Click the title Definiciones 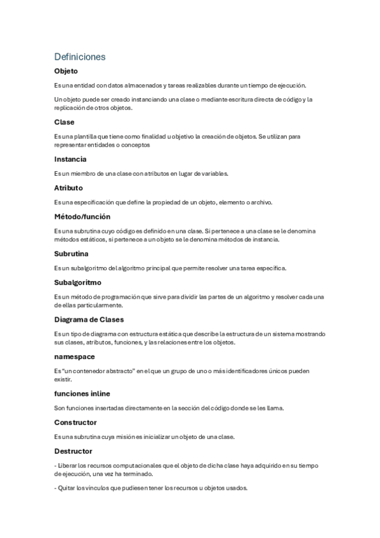click(x=80, y=56)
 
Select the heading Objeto click(x=66, y=71)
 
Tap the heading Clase click(x=64, y=122)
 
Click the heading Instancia click(x=70, y=159)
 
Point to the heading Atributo click(x=69, y=188)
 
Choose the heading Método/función click(x=82, y=217)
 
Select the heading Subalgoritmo click(x=78, y=283)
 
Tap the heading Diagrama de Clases click(x=89, y=319)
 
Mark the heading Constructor click(x=75, y=422)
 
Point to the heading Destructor click(x=74, y=451)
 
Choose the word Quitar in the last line click(x=67, y=488)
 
